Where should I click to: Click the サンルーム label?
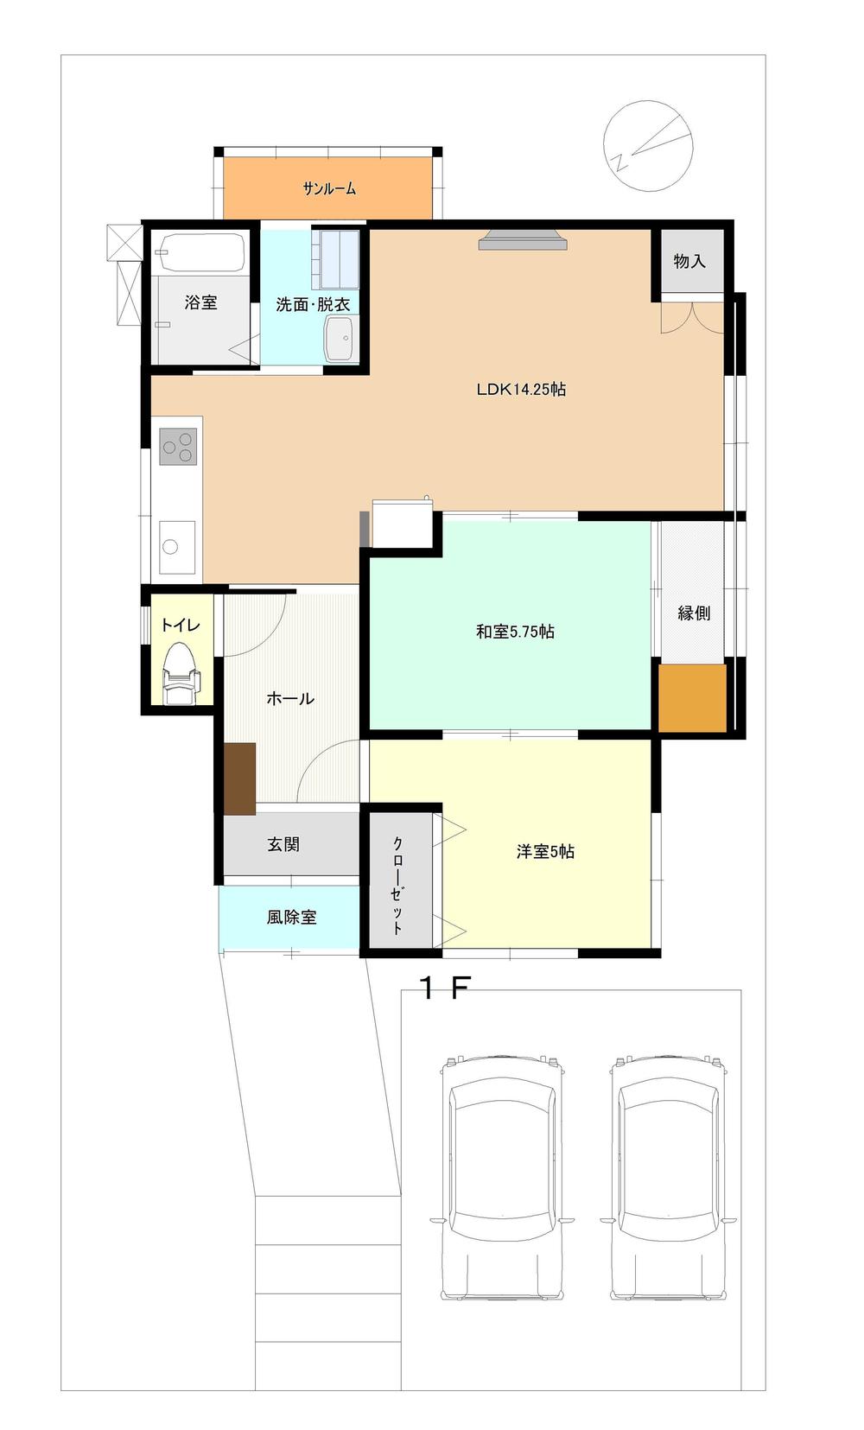329,188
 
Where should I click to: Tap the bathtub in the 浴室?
201,253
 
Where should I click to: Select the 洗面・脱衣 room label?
313,304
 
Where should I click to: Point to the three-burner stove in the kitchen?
177,446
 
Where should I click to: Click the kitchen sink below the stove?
177,547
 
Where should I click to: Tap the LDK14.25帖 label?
521,389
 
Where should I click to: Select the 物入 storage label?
689,260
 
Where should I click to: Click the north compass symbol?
648,146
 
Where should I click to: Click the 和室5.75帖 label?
515,632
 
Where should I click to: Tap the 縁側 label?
694,613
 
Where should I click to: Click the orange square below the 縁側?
693,698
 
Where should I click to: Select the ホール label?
290,698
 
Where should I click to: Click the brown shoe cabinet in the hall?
240,779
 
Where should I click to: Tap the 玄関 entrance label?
283,844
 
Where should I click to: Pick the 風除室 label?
291,918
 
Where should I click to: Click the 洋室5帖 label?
545,851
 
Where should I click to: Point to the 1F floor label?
445,988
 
